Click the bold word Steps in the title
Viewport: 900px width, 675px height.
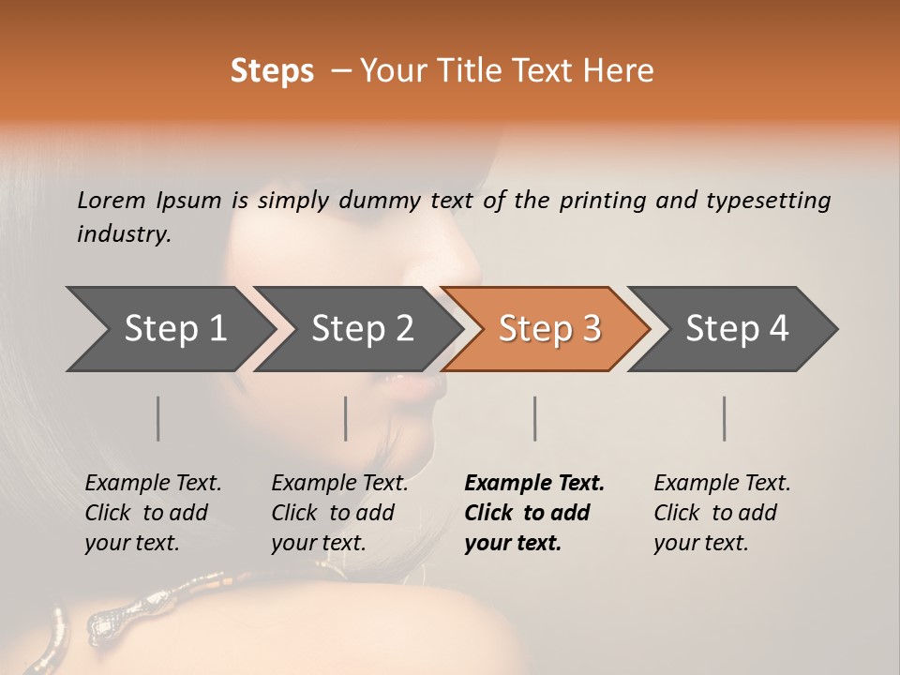272,71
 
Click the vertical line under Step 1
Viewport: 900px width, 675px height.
157,418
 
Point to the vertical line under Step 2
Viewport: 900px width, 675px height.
345,418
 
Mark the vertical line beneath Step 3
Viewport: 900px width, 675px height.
534,418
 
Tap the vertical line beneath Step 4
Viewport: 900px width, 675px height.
724,418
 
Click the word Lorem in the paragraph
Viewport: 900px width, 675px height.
112,200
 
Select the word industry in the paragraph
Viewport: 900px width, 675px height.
123,234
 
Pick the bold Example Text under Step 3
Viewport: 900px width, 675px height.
534,484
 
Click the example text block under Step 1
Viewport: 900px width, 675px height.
153,513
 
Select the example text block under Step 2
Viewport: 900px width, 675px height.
339,513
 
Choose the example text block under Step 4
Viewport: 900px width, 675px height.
722,513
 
